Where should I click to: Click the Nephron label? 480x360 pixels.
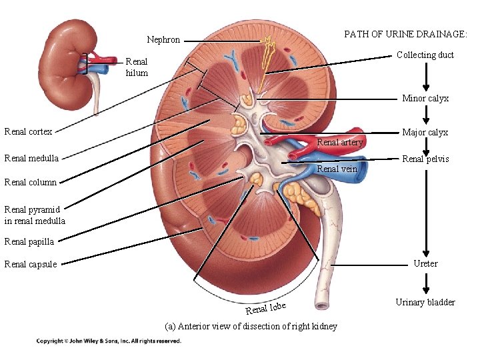163,40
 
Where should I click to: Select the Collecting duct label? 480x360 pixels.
425,55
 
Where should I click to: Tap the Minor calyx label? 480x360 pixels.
425,99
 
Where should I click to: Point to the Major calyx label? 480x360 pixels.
425,133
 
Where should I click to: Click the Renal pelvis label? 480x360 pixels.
425,159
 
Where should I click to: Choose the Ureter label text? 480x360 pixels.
425,263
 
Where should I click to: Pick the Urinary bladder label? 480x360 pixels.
425,302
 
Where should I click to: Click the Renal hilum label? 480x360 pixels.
137,67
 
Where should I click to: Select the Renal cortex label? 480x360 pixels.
28,131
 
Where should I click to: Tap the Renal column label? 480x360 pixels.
31,182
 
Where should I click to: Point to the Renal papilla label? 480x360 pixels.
29,241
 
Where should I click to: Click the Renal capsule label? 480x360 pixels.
31,264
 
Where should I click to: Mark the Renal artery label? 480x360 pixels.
339,142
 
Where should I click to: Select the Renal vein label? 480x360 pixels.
337,169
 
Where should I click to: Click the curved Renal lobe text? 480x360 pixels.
266,309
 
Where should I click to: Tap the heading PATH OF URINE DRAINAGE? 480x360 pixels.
405,34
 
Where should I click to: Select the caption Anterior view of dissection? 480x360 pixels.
251,326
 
